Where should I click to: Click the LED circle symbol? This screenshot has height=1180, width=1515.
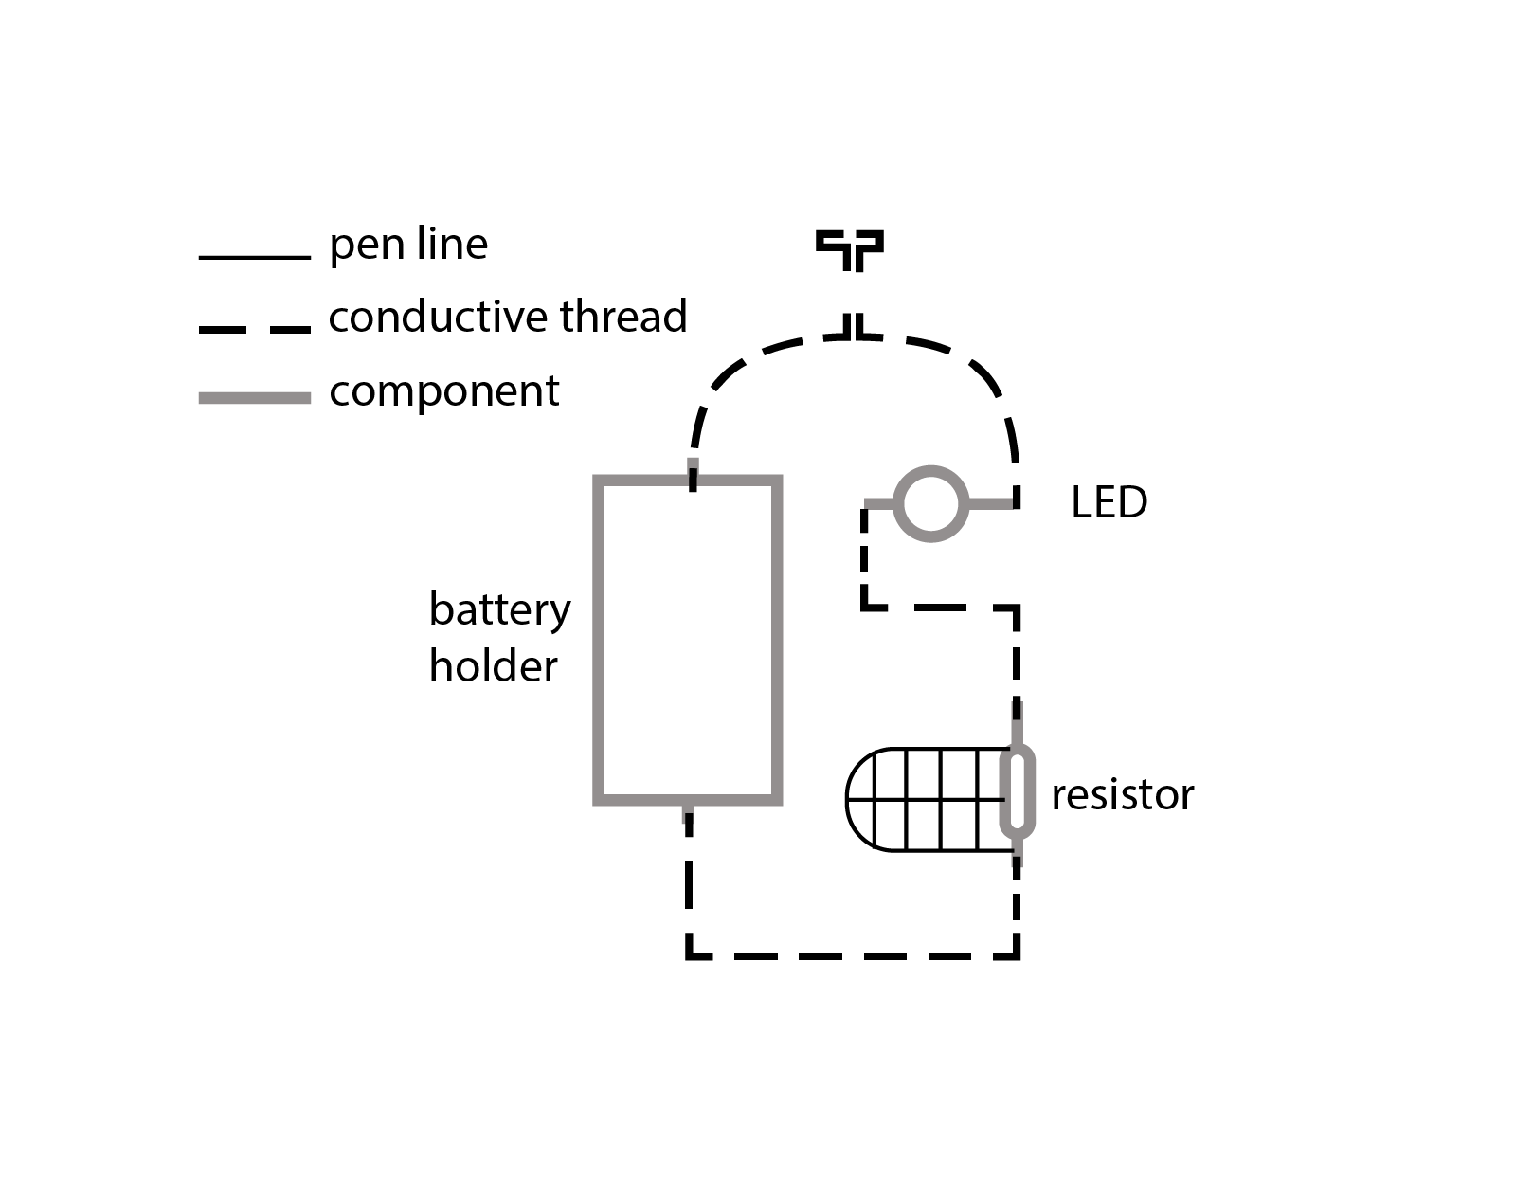(930, 503)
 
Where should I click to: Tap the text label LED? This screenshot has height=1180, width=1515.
(1109, 503)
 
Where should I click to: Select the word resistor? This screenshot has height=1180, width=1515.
(1122, 795)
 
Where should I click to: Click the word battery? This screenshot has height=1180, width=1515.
(499, 609)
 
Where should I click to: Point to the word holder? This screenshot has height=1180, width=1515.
(493, 666)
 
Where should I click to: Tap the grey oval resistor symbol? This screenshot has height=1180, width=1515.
(1017, 793)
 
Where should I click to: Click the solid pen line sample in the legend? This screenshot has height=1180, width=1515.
(254, 257)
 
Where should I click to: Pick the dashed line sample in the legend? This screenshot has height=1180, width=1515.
(254, 329)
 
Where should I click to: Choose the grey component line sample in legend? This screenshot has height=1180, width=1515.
(254, 398)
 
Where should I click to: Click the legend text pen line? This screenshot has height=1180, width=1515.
(408, 245)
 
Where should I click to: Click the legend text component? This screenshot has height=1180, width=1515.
(443, 390)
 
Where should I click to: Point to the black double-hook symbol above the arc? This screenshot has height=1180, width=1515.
(850, 248)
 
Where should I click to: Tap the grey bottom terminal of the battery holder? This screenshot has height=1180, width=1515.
(688, 812)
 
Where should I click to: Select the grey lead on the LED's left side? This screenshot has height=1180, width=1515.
(880, 503)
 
